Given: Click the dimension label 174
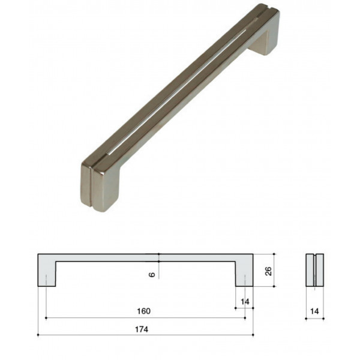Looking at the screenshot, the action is click(142, 329).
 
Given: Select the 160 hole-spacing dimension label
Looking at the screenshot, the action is click(144, 311).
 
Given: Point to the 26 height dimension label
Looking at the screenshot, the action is click(268, 271).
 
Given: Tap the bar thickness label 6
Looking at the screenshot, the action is click(152, 274).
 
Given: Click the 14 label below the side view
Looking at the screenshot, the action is click(314, 311).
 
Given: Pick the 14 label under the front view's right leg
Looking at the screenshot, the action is click(245, 302).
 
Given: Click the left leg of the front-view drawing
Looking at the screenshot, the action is click(47, 274).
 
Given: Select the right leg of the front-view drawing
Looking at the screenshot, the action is click(244, 274).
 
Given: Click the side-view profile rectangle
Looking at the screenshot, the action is click(315, 270).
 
